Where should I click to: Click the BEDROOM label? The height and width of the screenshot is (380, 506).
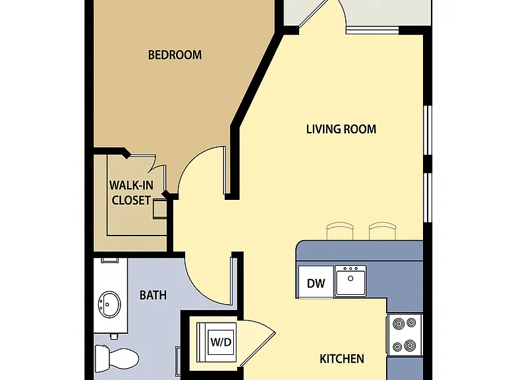(175, 55)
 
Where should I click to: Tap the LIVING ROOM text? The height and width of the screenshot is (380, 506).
(341, 129)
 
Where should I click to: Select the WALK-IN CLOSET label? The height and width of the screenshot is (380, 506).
(131, 193)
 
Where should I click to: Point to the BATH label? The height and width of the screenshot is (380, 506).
(153, 295)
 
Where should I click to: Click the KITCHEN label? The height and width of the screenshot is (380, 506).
(342, 359)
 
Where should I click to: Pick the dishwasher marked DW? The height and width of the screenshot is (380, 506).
(316, 282)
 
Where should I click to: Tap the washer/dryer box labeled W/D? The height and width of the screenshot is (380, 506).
(217, 342)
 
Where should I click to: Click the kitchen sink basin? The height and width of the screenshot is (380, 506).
(351, 280)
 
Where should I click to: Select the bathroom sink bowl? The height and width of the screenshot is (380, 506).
(109, 304)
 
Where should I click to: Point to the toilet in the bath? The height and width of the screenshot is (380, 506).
(117, 358)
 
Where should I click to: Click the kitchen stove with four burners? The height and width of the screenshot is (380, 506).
(405, 335)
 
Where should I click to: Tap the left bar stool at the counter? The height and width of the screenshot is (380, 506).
(340, 231)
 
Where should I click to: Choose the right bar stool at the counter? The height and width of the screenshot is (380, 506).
(383, 231)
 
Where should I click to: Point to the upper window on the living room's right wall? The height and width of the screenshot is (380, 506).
(428, 130)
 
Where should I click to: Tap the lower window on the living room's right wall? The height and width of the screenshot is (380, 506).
(428, 197)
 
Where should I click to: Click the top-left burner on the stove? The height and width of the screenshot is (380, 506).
(399, 323)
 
